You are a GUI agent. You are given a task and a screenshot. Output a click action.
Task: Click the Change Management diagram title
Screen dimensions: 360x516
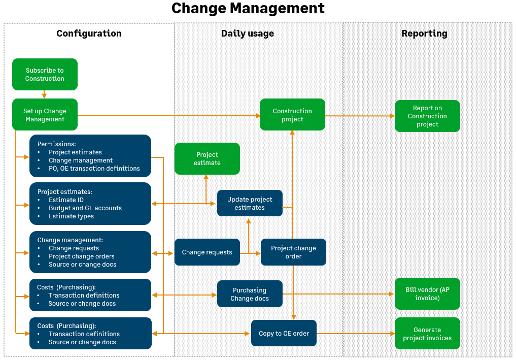coord(248,9)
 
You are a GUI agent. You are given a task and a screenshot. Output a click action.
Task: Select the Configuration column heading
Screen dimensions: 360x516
coord(89,34)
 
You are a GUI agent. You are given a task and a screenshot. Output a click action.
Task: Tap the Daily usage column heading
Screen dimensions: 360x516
coord(248,34)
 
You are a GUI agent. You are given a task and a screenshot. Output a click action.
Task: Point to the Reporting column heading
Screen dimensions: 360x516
coord(424,34)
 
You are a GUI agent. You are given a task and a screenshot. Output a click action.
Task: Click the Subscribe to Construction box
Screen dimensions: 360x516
coord(45,75)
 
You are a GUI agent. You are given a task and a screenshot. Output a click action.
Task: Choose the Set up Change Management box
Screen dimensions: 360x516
coord(45,115)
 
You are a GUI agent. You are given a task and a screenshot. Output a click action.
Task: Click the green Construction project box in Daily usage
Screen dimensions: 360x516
coord(292,115)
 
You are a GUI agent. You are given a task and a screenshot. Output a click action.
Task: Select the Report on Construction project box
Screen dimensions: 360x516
coord(427,116)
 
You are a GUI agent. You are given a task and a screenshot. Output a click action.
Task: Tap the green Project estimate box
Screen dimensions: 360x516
coord(207,158)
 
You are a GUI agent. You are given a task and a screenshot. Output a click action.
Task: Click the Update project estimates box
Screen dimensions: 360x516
coord(250,203)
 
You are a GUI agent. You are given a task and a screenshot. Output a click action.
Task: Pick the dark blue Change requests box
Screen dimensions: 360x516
coord(207,252)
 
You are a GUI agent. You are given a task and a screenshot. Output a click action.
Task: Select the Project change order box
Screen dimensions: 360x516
coord(293,252)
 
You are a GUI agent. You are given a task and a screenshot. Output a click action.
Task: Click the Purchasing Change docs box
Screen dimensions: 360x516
coord(250,294)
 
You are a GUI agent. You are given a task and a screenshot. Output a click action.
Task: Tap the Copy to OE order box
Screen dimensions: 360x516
coord(284,334)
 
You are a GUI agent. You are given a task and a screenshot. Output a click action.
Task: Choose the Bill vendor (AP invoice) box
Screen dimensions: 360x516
coord(427,294)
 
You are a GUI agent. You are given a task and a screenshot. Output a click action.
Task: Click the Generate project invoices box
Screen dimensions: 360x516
coord(427,334)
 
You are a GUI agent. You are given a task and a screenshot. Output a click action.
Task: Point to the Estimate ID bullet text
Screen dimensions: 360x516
coord(66,200)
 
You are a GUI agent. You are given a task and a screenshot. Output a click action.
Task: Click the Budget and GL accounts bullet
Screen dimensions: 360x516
coord(85,208)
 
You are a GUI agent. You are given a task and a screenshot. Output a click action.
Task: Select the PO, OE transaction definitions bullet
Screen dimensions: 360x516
coord(94,169)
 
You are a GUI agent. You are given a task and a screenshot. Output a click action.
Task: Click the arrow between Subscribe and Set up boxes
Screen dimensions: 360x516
coord(45,94)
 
